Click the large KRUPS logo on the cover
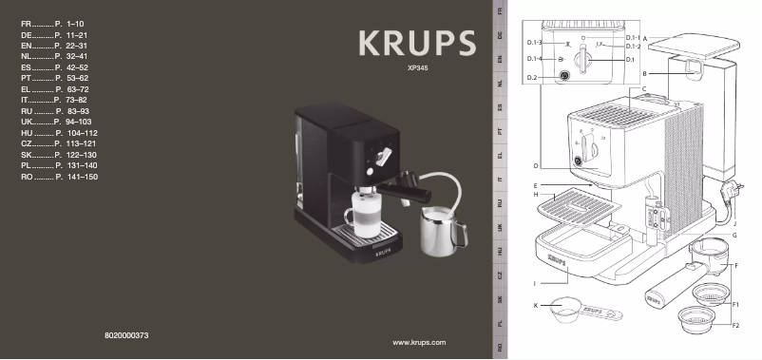coord(416,44)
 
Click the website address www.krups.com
coord(419,341)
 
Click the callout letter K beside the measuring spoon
coord(536,305)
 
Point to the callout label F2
coord(735,326)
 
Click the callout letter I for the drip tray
coord(536,283)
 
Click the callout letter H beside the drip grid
coord(536,196)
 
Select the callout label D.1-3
coord(534,44)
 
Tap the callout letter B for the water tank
coord(644,73)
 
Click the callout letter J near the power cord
coord(734,221)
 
